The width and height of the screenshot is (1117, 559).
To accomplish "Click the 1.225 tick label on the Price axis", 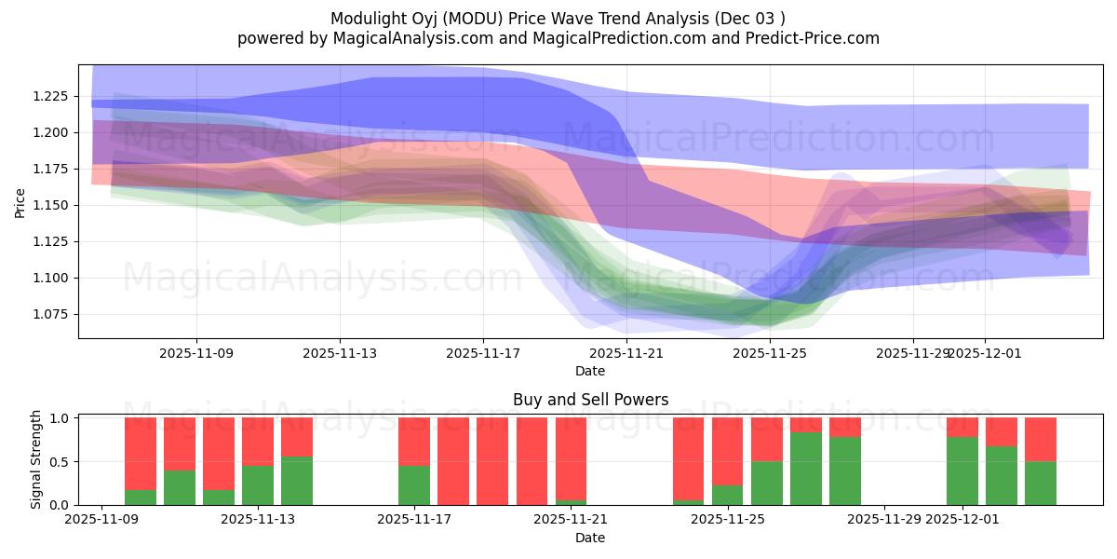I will click(53, 96).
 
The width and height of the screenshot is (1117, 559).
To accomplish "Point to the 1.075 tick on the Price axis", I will click(53, 314).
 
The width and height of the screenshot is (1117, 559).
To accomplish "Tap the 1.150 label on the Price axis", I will click(53, 205).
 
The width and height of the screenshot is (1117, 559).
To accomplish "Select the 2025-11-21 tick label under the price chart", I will click(626, 353).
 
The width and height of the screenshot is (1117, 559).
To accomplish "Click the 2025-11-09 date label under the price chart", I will click(196, 353).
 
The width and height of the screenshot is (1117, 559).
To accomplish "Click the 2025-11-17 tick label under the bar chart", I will click(414, 520).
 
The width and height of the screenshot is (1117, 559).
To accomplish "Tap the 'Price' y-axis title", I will click(20, 202).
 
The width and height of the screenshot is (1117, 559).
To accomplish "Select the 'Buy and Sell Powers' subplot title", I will click(590, 400).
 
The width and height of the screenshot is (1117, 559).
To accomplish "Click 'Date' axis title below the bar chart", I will click(590, 538).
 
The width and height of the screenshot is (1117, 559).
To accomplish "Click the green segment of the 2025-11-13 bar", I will click(258, 484).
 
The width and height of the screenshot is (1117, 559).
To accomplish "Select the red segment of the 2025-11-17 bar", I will click(414, 441).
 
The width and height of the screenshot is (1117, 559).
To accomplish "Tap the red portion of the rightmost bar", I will click(1041, 439).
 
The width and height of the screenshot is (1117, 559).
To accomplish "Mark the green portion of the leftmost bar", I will click(141, 497).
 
